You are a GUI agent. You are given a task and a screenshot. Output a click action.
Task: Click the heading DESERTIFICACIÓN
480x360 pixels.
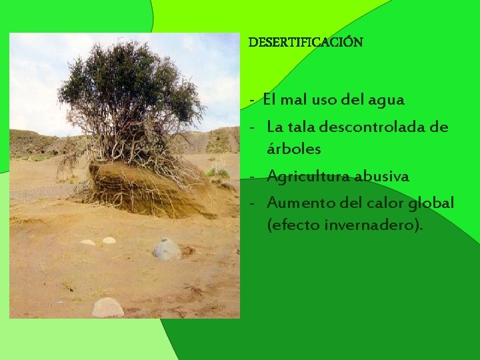click(305, 42)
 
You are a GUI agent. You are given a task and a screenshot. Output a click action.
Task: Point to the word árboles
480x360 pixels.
click(293, 149)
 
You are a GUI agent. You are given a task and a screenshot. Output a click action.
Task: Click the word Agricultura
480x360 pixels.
click(309, 177)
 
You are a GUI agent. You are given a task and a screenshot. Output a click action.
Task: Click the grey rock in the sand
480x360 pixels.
click(167, 250)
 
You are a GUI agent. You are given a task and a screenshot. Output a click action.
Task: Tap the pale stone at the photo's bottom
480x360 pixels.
click(108, 307)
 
